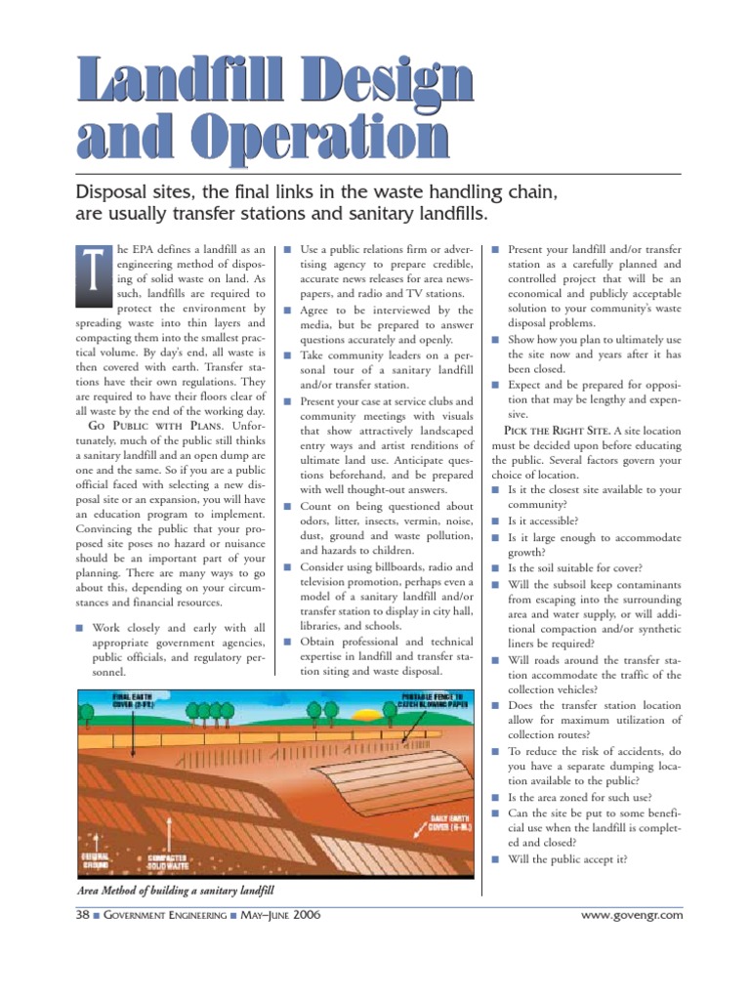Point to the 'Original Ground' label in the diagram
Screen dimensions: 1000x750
click(x=95, y=862)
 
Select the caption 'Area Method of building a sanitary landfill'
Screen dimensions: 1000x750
click(x=176, y=891)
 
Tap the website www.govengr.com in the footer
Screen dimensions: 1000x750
click(x=631, y=915)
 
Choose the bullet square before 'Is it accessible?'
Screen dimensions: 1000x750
click(x=495, y=521)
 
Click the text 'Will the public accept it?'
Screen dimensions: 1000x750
click(x=567, y=859)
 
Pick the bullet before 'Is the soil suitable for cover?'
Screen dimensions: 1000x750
click(x=495, y=567)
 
